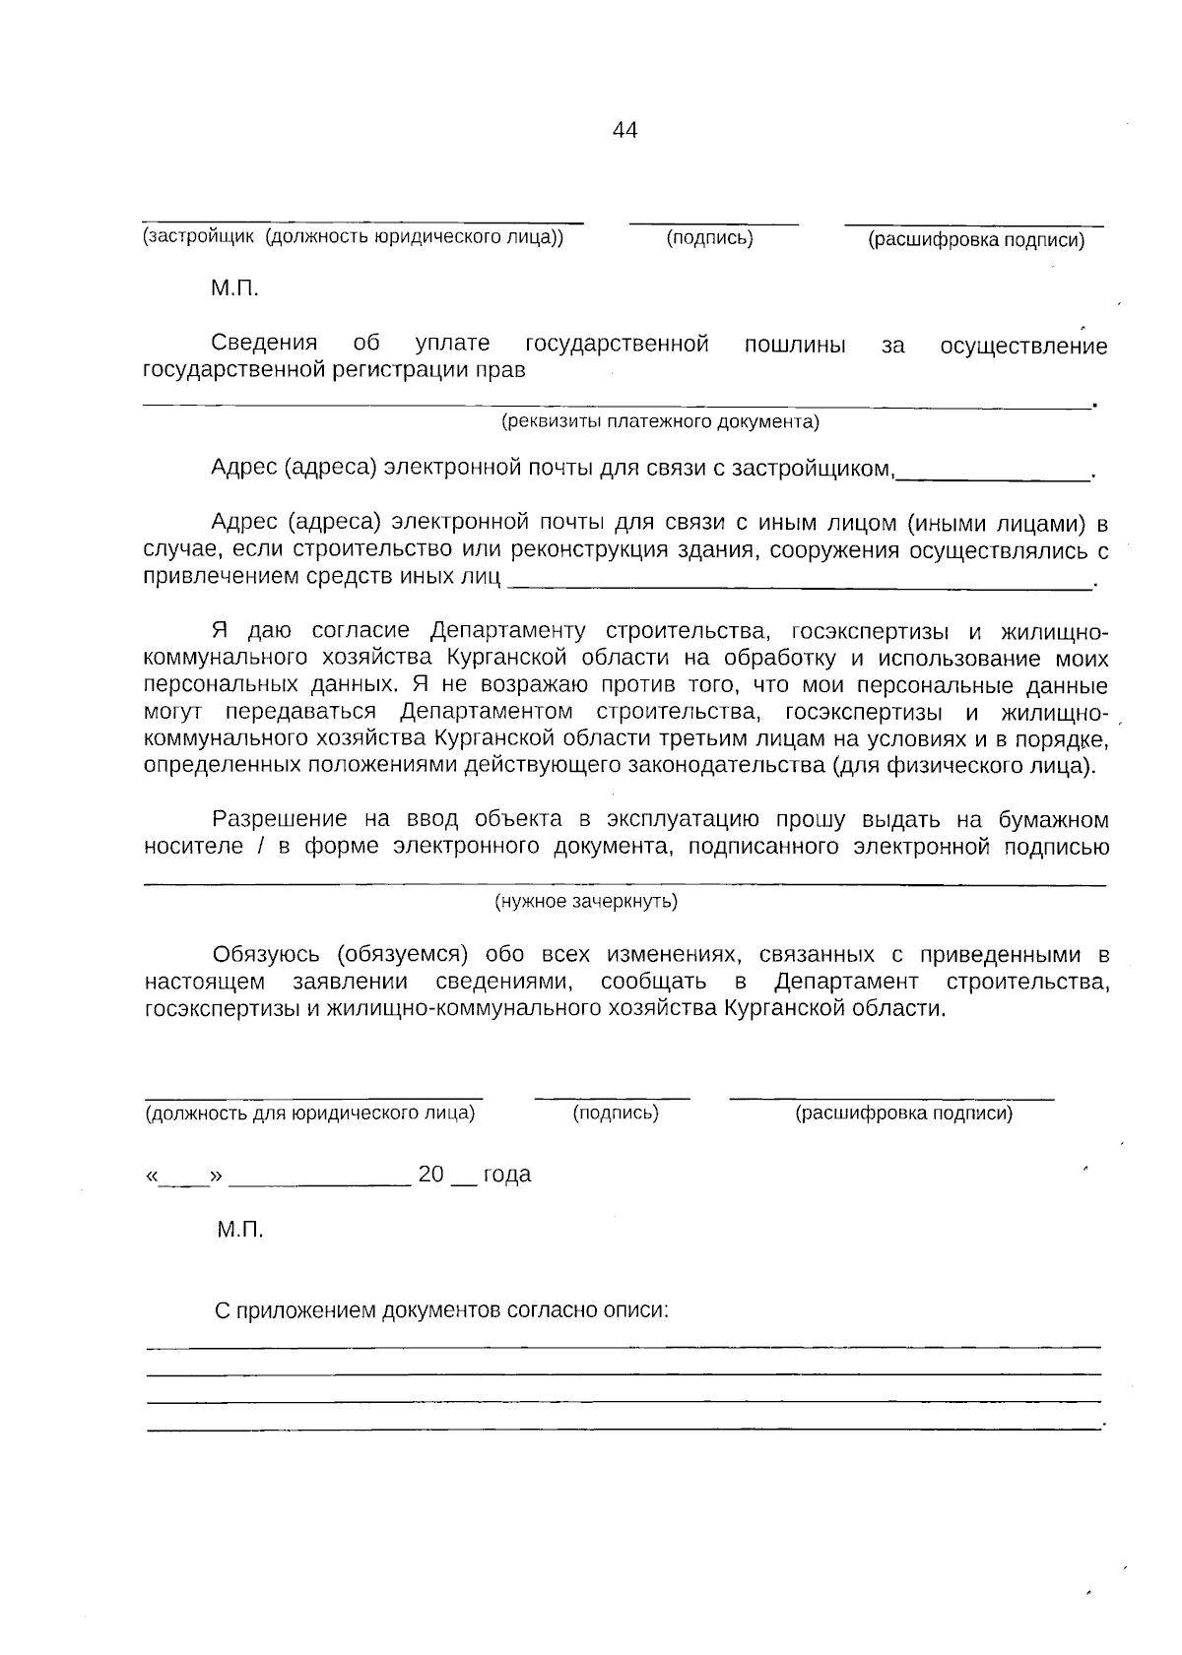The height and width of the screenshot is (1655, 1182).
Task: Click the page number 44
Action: (x=624, y=130)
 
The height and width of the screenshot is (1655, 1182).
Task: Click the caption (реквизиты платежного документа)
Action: (x=660, y=422)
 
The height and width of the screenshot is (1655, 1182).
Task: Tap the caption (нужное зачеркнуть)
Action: (x=585, y=901)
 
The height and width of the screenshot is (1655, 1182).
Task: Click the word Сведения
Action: (x=264, y=344)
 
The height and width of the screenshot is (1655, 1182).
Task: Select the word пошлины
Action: (x=795, y=345)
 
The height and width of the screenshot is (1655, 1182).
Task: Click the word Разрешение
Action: (x=281, y=819)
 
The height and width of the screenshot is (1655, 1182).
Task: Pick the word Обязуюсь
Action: (x=266, y=954)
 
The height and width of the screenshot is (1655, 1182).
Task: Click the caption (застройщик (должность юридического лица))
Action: (x=354, y=237)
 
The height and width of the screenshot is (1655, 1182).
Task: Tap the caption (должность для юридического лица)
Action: (x=310, y=1114)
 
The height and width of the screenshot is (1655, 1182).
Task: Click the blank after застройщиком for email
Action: (x=993, y=473)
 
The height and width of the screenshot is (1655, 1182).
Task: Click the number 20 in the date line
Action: (x=431, y=1174)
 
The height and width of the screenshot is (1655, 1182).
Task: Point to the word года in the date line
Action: (x=506, y=1174)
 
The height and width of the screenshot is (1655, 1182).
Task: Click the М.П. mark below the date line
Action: (x=239, y=1230)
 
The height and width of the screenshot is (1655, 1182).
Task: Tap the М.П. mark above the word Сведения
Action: (x=233, y=289)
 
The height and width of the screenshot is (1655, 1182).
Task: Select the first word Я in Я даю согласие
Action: (x=220, y=630)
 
